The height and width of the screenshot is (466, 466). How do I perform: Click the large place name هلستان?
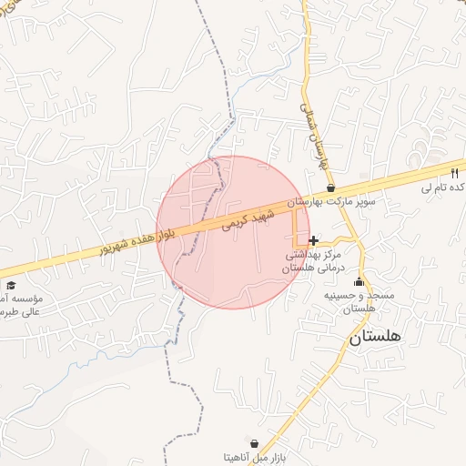(x=374, y=338)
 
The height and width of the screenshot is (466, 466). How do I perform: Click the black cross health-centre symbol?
(x=314, y=240)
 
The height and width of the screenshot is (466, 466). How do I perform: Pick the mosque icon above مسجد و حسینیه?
(x=358, y=280)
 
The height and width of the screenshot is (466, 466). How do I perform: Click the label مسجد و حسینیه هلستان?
(x=358, y=301)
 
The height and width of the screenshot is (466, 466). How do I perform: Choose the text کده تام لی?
(x=443, y=187)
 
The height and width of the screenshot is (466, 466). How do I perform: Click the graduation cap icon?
(x=11, y=285)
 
